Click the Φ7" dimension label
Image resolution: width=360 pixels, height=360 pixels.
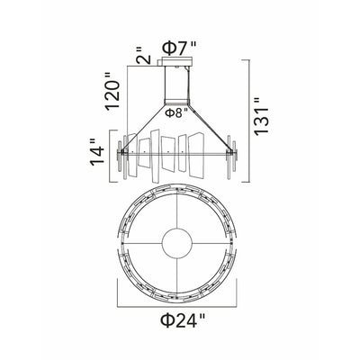click(x=179, y=48)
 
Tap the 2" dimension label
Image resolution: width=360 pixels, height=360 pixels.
click(x=143, y=55)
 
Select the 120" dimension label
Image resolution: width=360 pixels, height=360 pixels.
click(x=112, y=91)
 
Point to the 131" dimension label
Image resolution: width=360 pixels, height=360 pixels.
click(x=261, y=116)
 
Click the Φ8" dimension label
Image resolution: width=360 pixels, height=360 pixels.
click(x=177, y=112)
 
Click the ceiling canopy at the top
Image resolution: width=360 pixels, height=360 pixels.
click(x=175, y=61)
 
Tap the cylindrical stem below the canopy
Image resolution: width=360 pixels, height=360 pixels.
click(x=176, y=85)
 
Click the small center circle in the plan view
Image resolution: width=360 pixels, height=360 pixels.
click(x=177, y=242)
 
